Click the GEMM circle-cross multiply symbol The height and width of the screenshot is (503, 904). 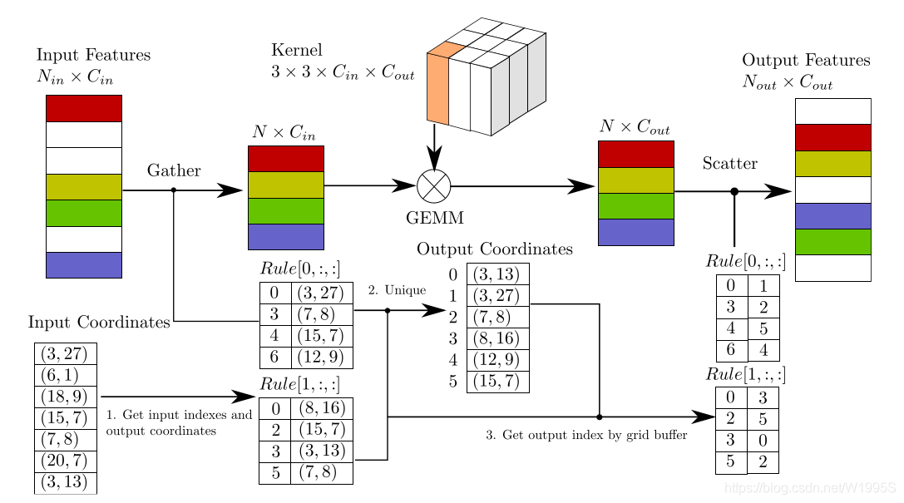click(x=433, y=186)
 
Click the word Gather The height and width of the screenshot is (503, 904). click(x=174, y=170)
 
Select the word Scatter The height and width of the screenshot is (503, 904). click(x=729, y=163)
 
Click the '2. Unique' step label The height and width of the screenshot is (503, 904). click(x=397, y=290)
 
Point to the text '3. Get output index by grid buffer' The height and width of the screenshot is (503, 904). click(x=586, y=435)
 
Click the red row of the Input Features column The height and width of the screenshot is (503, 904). click(x=83, y=108)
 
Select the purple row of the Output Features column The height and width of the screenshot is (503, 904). click(x=832, y=215)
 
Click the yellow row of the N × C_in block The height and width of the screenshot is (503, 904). click(x=285, y=185)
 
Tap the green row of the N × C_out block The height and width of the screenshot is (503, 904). click(x=635, y=206)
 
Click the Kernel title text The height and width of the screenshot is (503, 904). click(x=296, y=50)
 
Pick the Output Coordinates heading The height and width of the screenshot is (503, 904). click(x=494, y=249)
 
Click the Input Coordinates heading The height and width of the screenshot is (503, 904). click(x=99, y=322)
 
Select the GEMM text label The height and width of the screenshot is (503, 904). click(x=434, y=218)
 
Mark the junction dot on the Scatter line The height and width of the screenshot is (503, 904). click(x=734, y=192)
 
